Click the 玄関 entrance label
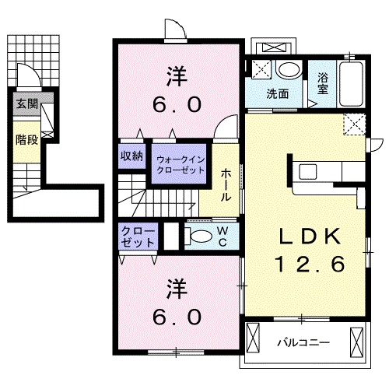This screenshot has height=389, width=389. point(27,104)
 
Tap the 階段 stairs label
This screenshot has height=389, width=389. point(26,140)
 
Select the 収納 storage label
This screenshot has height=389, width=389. point(131,156)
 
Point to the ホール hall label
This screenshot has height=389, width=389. point(226,185)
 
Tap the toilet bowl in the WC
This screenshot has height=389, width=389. point(199,237)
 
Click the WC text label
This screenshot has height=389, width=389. point(223,237)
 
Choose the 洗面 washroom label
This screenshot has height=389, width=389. point(278,94)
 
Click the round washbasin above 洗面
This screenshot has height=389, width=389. point(289,69)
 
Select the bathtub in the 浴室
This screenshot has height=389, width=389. point(351,84)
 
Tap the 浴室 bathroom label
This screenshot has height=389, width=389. point(323,83)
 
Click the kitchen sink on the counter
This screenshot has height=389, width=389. point(308,171)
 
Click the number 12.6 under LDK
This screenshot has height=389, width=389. point(310,264)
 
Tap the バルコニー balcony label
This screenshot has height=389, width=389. point(303,343)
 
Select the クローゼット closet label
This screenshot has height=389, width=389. point(138,237)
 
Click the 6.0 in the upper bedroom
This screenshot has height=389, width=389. point(177,104)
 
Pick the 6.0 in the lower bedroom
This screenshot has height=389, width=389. point(177,317)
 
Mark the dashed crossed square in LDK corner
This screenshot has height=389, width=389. point(355,124)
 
